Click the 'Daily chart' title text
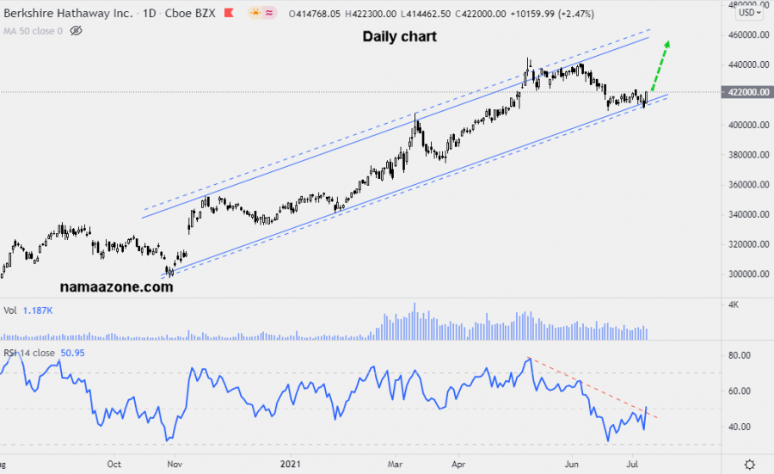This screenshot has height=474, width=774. click(399, 37)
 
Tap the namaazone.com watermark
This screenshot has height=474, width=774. click(116, 287)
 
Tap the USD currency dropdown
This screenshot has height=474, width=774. click(749, 13)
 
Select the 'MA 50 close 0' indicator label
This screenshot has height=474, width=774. click(32, 30)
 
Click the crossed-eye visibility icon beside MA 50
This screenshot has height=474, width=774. click(76, 30)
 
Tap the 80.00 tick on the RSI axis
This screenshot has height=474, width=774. click(740, 354)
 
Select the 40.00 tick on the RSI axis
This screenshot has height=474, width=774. click(740, 427)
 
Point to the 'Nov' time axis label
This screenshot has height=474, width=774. click(174, 462)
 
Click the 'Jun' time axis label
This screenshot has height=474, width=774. click(568, 462)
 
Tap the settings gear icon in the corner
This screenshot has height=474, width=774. click(750, 463)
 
